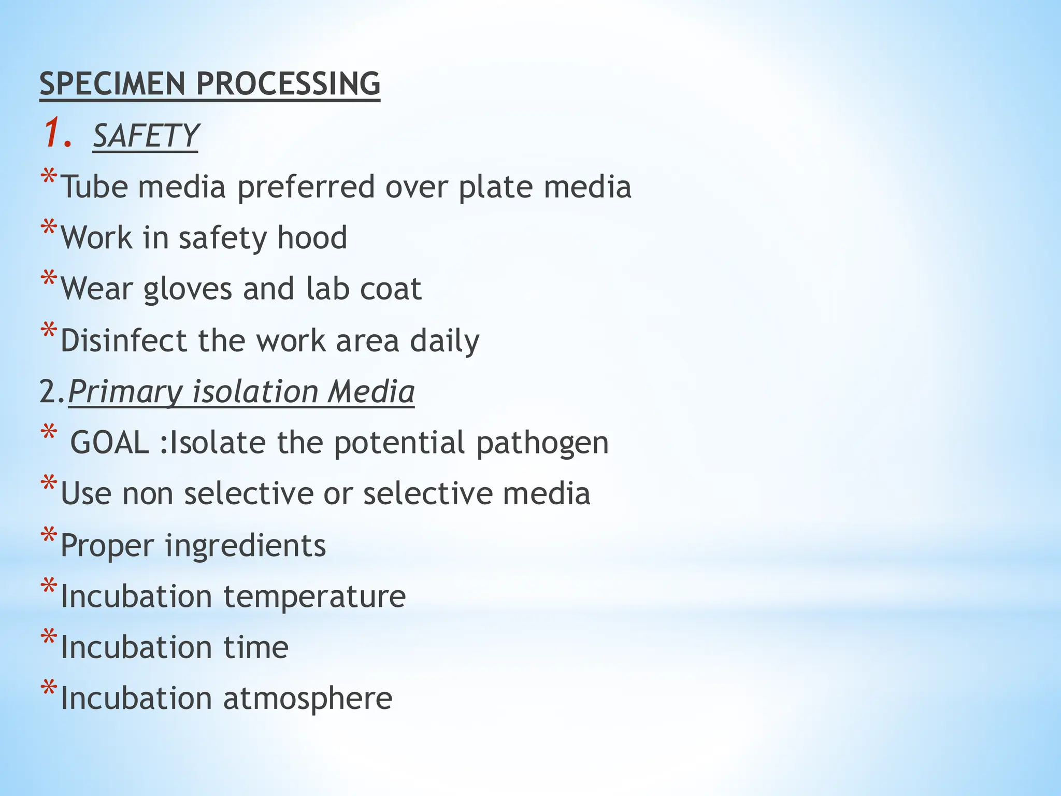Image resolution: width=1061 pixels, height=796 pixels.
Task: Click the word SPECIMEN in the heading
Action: pyautogui.click(x=112, y=83)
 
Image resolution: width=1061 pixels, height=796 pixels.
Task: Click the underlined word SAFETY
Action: pyautogui.click(x=145, y=136)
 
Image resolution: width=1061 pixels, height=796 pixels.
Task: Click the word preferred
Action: pyautogui.click(x=306, y=188)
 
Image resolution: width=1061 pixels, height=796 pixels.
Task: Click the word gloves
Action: pyautogui.click(x=188, y=289)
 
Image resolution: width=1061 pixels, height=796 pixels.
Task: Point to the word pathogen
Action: pyautogui.click(x=542, y=444)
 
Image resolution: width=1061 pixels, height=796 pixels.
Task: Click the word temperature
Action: pyautogui.click(x=314, y=597)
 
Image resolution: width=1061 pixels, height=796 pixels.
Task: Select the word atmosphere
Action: pyautogui.click(x=308, y=699)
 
